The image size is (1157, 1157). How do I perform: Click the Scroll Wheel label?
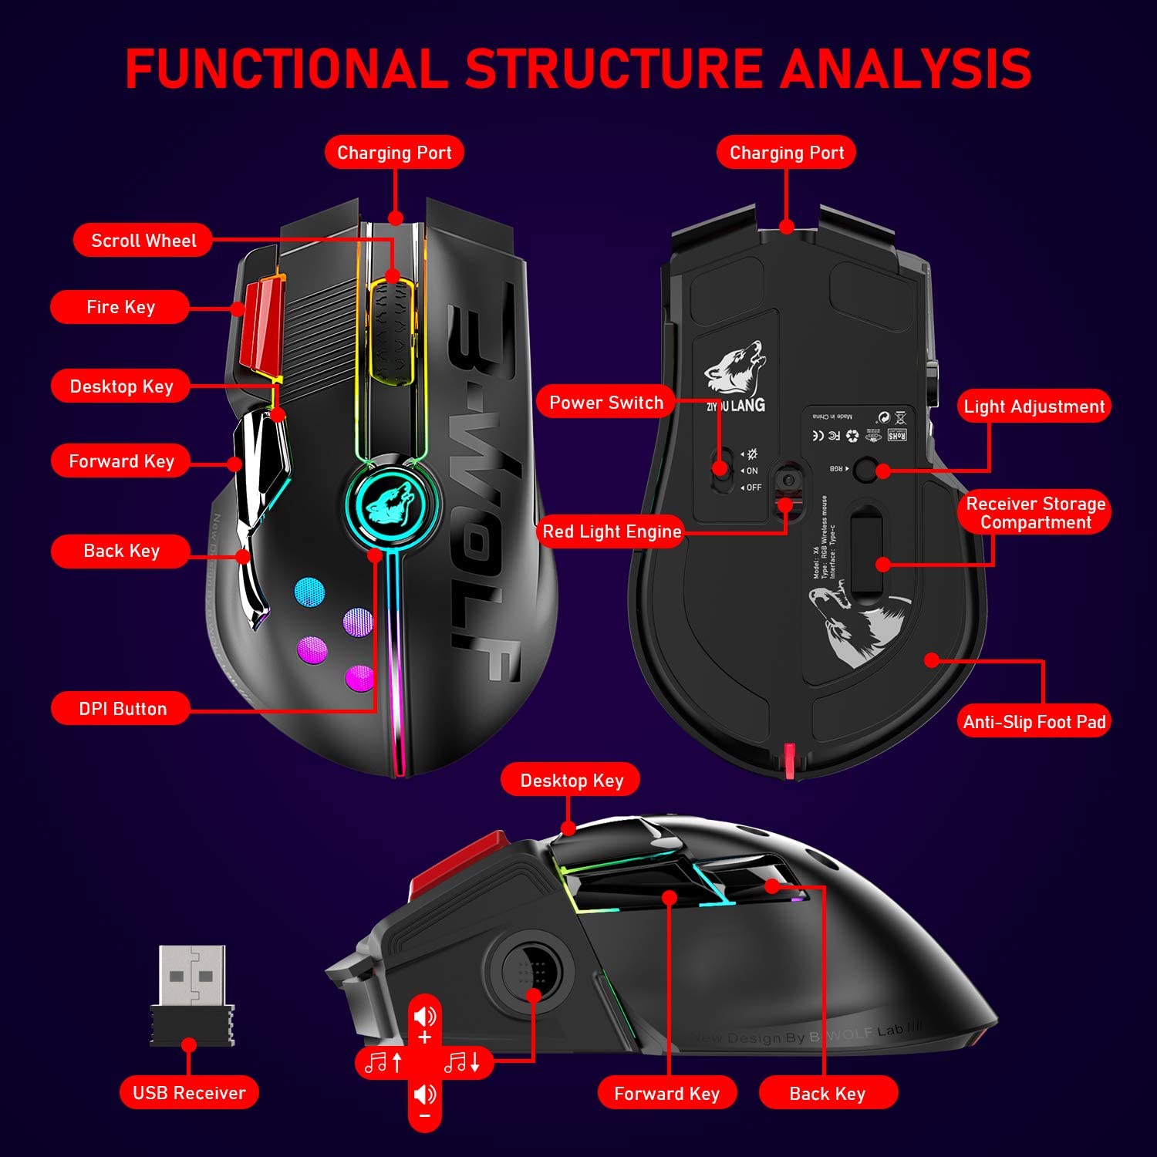143,241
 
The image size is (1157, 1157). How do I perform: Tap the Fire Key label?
120,307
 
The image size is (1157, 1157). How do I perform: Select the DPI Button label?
122,709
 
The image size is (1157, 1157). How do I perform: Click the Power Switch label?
605,403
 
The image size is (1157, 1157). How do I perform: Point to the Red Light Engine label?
612,531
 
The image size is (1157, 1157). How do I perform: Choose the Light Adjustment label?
1034,406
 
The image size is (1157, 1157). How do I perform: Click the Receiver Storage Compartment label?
1035,513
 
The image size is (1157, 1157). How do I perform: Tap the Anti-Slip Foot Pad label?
1034,722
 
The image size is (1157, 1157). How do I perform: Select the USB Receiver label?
189,1092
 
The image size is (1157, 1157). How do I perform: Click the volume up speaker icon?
424,1017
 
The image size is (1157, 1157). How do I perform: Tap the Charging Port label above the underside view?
787,153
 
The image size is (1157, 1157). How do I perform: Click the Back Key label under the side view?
828,1093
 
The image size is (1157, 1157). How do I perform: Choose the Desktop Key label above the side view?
572,781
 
